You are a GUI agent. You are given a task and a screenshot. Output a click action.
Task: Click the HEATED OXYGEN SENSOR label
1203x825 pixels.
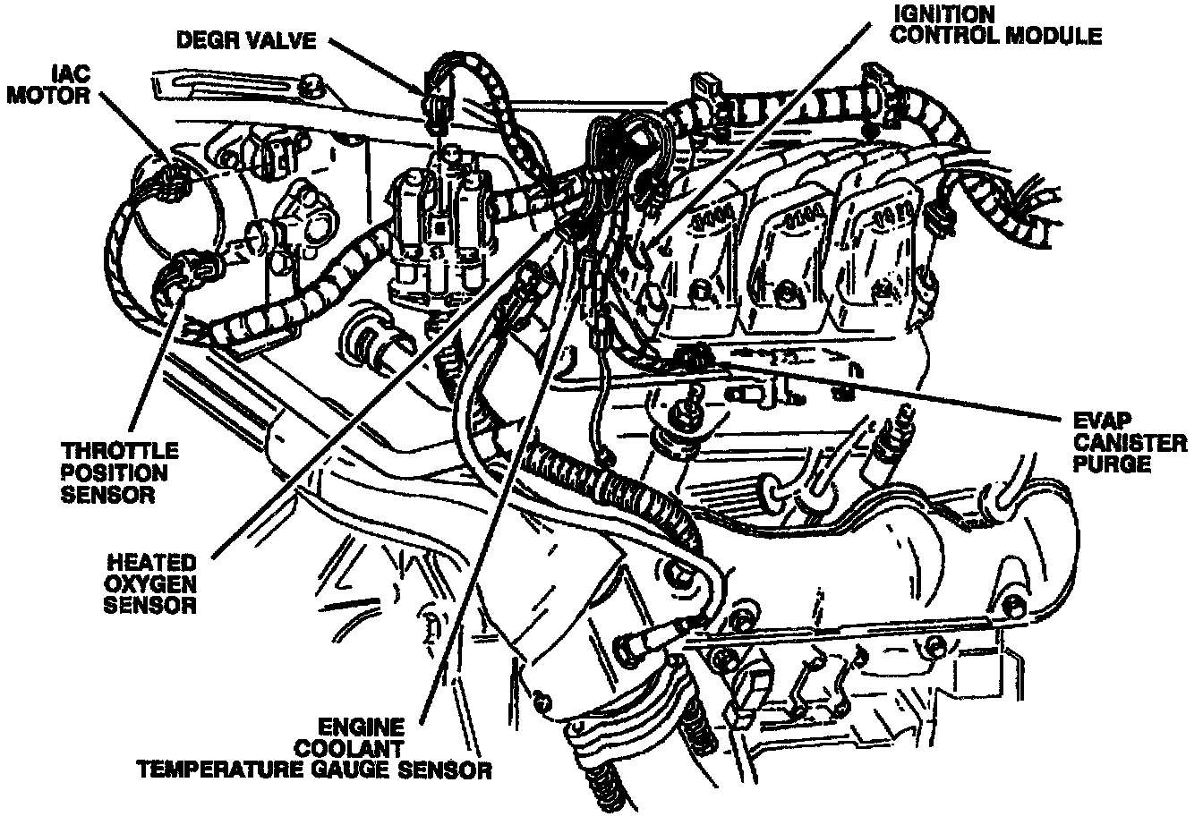tap(151, 584)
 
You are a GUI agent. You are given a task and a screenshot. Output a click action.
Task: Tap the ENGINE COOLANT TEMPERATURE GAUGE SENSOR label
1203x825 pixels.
tap(313, 747)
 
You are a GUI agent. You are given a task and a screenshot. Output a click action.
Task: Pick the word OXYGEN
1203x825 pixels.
tap(151, 584)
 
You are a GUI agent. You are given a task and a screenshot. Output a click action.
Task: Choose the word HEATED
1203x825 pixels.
tap(151, 563)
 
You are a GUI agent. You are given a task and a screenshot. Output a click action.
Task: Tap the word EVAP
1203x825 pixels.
tap(1113, 421)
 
